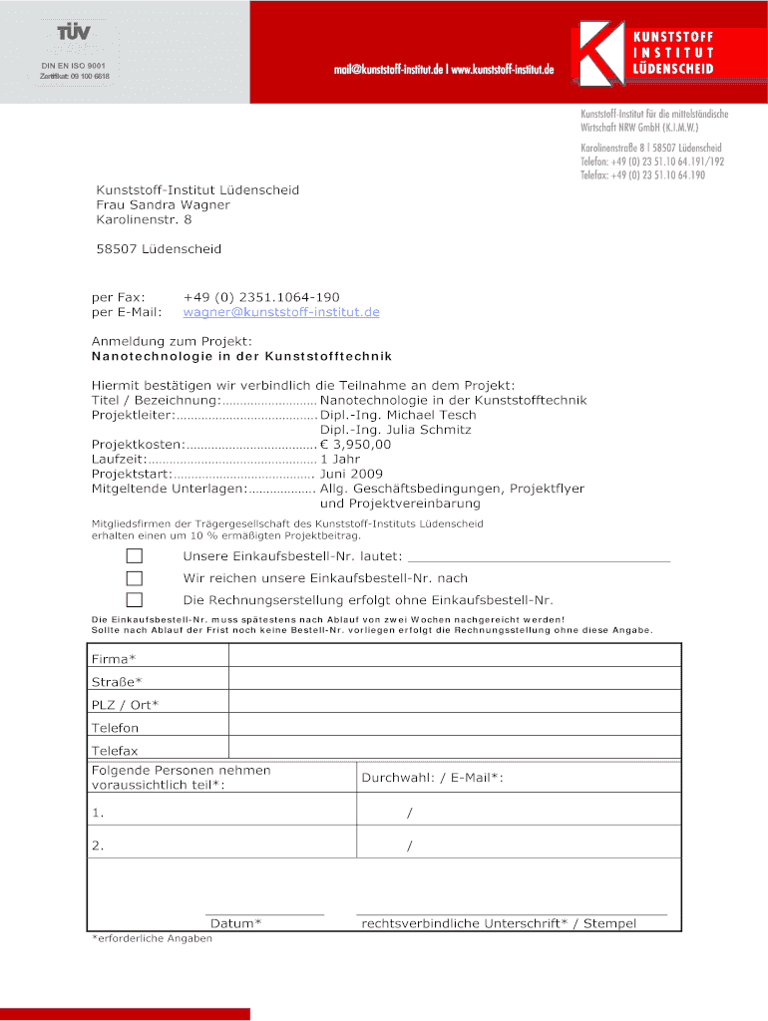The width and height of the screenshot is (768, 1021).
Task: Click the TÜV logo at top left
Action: pos(74,33)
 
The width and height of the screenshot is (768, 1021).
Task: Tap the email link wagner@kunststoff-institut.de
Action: pos(281,312)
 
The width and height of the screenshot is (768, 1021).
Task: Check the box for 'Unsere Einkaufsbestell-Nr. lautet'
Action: pos(134,555)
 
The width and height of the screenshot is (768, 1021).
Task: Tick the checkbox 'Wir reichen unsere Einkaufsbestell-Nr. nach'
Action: pos(134,578)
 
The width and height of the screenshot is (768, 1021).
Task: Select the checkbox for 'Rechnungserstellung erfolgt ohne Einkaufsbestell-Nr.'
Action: pos(134,600)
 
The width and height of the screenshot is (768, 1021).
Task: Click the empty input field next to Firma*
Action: pos(454,655)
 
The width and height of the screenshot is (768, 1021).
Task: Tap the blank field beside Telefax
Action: pos(454,749)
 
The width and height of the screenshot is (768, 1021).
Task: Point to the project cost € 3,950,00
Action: pos(355,445)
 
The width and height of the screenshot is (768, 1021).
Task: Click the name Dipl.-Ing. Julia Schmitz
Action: pos(395,430)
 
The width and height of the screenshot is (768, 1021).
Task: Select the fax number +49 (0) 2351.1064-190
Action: pos(261,297)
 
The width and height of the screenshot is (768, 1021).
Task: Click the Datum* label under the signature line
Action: pos(235,923)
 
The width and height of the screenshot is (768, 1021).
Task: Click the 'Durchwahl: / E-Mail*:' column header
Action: pos(432,777)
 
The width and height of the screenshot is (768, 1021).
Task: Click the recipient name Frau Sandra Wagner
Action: pos(163,204)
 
